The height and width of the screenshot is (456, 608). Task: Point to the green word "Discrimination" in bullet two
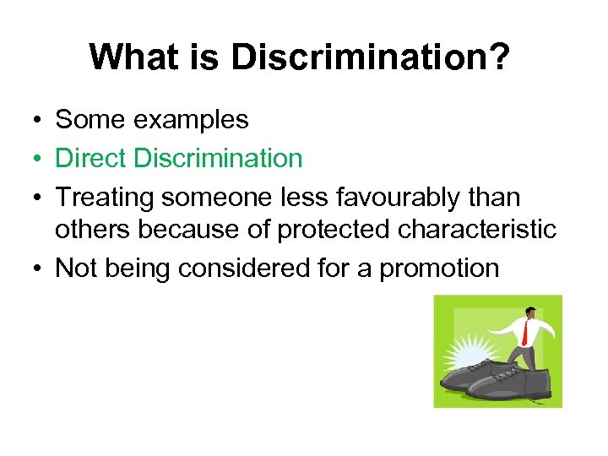pyautogui.click(x=221, y=158)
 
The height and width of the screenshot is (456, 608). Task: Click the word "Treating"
pyautogui.click(x=105, y=196)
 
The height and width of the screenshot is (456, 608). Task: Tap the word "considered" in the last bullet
pyautogui.click(x=240, y=269)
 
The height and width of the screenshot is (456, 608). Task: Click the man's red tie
pyautogui.click(x=524, y=331)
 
